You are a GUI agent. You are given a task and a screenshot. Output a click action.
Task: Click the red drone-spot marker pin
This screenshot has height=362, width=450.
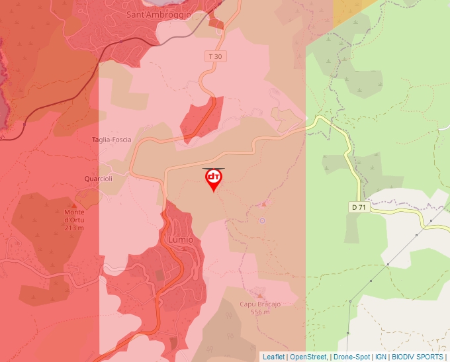[213, 179]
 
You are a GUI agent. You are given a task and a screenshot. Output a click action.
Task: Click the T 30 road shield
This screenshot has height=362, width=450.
[215, 57]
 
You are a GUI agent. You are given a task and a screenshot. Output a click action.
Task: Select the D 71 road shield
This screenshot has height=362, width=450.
[359, 207]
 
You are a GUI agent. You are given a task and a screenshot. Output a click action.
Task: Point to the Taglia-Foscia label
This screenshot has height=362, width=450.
[111, 140]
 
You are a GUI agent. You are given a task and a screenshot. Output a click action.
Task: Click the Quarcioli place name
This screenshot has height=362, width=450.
[99, 179]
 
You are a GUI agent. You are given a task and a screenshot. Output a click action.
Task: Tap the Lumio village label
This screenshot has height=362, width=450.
[180, 240]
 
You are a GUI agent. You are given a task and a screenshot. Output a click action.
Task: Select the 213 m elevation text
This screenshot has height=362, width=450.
[74, 228]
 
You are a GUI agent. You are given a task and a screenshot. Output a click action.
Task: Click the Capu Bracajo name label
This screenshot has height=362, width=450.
[260, 304]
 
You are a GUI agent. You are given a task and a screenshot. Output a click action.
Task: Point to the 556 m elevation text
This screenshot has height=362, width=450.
[260, 312]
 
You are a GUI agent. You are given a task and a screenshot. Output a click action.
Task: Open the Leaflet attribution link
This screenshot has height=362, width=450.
[274, 357]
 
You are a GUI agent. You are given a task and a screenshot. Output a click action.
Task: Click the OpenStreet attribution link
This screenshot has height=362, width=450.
[308, 357]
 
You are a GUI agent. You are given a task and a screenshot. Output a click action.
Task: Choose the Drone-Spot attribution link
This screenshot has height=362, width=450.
[351, 357]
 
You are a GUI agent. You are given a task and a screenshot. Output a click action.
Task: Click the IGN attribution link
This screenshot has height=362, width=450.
[381, 357]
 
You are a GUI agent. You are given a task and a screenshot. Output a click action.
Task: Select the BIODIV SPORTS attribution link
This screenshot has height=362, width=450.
[417, 357]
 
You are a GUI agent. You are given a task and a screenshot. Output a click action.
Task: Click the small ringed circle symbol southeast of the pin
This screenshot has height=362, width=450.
[262, 220]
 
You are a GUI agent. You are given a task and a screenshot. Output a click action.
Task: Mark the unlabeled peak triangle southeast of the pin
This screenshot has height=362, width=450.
[265, 204]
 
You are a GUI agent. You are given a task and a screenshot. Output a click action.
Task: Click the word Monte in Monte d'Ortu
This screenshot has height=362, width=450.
[74, 212]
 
